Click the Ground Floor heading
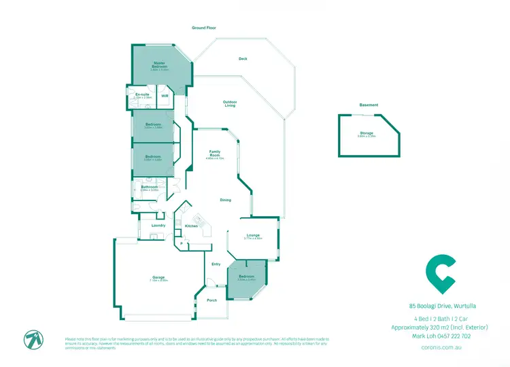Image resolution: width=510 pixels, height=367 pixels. tap(203, 27)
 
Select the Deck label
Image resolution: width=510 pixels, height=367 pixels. tap(243, 58)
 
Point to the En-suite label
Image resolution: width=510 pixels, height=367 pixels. tap(142, 94)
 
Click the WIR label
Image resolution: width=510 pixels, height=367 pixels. tap(165, 97)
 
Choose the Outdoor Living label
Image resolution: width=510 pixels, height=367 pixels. tap(230, 103)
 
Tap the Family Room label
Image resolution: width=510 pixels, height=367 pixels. tap(215, 153)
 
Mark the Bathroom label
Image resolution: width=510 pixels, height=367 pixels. tap(150, 187)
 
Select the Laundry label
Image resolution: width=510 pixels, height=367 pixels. tap(158, 225)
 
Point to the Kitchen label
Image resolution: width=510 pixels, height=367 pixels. tap(192, 226)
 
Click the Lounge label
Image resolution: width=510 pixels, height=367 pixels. tap(253, 235)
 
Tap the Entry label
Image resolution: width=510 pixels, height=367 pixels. tap(216, 264)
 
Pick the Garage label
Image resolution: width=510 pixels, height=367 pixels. tap(159, 277)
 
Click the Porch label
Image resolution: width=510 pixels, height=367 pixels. tap(211, 300)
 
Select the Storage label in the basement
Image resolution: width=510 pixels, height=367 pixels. tap(367, 133)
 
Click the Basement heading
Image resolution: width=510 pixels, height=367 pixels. tap(369, 105)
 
